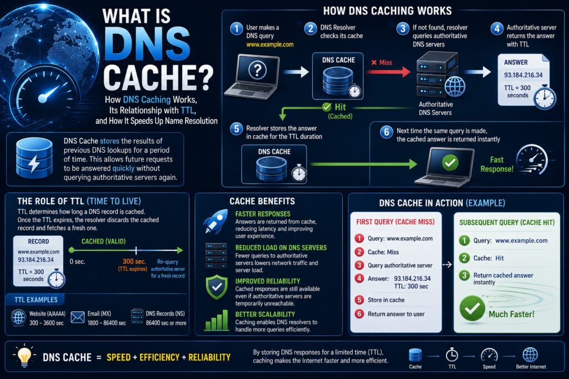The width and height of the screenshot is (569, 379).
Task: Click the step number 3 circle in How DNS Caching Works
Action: pyautogui.click(x=402, y=28)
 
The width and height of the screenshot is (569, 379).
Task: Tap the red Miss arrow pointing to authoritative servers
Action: pyautogui.click(x=388, y=72)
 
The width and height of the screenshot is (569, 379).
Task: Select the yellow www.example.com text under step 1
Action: pyautogui.click(x=270, y=44)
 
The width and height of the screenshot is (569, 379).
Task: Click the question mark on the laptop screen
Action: pyautogui.click(x=258, y=69)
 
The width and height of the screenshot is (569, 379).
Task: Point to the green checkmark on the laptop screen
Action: pyautogui.click(x=450, y=163)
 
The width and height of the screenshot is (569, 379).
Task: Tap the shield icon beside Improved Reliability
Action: pyautogui.click(x=217, y=287)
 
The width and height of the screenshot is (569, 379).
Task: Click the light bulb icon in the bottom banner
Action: pyautogui.click(x=24, y=356)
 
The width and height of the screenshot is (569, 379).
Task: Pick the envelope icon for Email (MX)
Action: pyautogui.click(x=78, y=317)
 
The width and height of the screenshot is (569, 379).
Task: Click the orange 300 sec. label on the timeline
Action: pyautogui.click(x=134, y=261)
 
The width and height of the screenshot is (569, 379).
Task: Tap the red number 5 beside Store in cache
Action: pyautogui.click(x=360, y=300)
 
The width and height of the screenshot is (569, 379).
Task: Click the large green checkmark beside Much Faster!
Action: pyautogui.click(x=472, y=309)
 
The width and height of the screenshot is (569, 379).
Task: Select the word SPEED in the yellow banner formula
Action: pyautogui.click(x=118, y=357)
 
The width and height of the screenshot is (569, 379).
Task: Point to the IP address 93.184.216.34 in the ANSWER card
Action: pyautogui.click(x=523, y=75)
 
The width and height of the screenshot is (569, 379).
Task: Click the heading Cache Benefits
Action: pyautogui.click(x=262, y=201)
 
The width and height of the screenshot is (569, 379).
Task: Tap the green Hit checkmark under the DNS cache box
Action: pyautogui.click(x=327, y=107)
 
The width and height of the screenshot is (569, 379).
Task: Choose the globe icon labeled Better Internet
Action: pyautogui.click(x=531, y=355)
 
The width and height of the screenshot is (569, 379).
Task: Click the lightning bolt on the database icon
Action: pyautogui.click(x=34, y=163)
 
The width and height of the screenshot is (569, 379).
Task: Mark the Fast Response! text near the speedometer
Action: pyautogui.click(x=497, y=164)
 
